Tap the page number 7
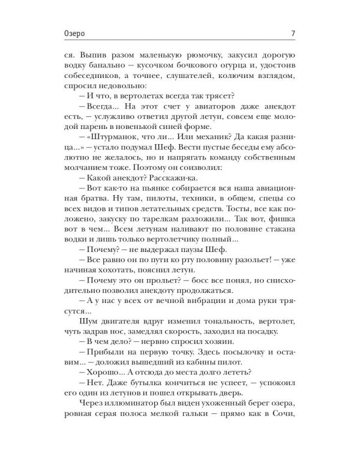[x=291, y=33]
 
